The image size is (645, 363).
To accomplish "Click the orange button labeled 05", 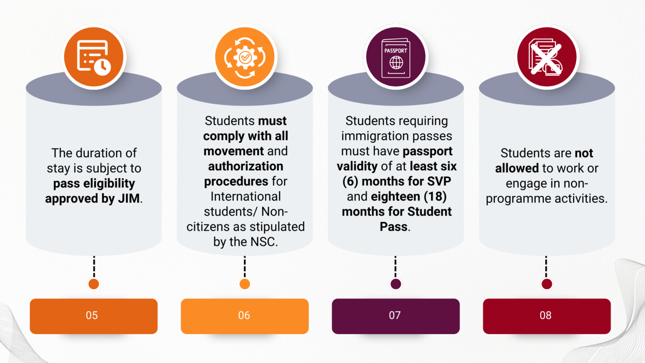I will pos(93,316).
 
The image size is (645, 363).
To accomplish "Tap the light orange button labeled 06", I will pos(244,316).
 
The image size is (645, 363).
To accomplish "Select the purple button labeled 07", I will pos(395,316).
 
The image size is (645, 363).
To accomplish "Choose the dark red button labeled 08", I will pos(546,316).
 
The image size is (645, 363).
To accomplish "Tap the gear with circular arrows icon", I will pos(245,57).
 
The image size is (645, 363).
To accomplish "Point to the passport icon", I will pos(396,58).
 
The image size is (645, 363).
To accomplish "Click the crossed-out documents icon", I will pos(546,57).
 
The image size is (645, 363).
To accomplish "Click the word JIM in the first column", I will pos(128,198).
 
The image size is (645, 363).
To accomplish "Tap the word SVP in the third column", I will pos(439,181).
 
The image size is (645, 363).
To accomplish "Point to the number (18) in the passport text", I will pos(435,197).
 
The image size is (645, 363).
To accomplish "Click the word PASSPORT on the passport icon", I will pos(396,50).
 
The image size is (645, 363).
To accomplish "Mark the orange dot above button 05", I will pos(94,284).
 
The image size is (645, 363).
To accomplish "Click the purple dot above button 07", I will pos(396,284).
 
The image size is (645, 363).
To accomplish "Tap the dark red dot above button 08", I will pos(546,284).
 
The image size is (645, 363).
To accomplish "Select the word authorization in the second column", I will pos(246,166).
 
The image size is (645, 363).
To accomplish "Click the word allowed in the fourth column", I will pos(517,168).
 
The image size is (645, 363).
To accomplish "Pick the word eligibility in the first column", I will pos(109,183).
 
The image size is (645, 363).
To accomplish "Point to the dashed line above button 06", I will pos(245,266).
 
